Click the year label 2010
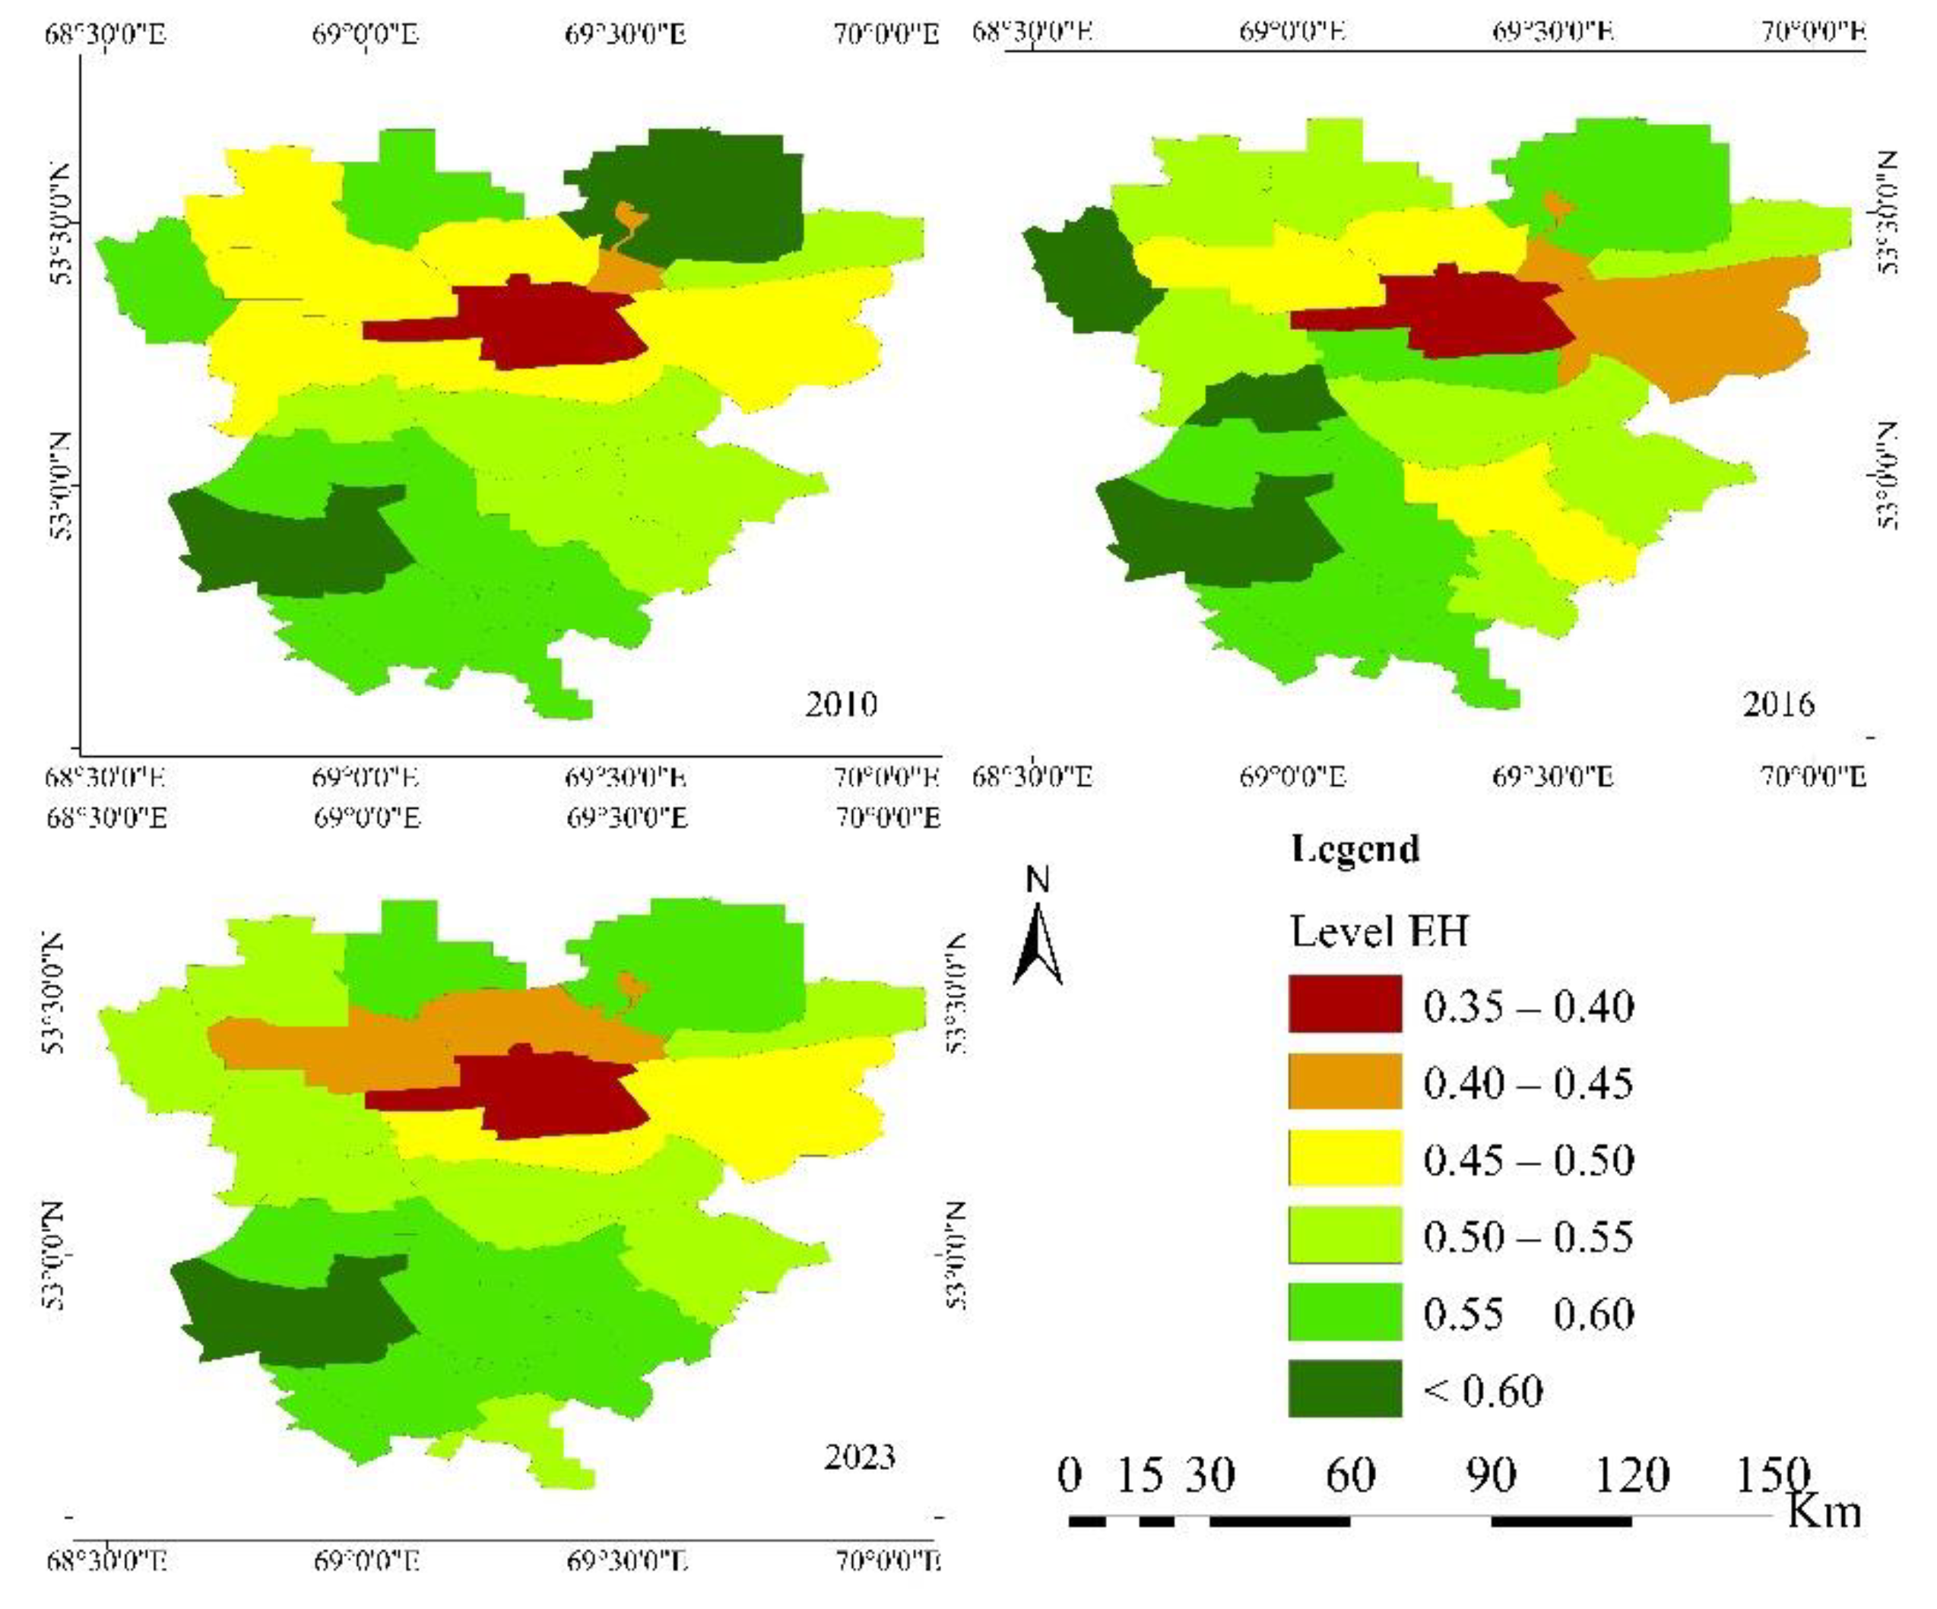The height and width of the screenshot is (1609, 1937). click(840, 705)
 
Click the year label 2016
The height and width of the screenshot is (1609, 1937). click(1777, 705)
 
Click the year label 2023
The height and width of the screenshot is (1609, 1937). click(859, 1457)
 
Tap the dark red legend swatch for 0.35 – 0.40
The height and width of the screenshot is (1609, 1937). click(1344, 1004)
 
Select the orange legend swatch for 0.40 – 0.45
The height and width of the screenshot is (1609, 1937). click(1344, 1081)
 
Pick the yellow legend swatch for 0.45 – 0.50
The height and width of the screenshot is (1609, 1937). click(1344, 1158)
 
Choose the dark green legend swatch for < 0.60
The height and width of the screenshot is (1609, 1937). click(1344, 1389)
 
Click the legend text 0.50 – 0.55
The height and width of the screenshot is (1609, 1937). click(1527, 1236)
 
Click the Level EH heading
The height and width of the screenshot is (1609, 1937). click(1378, 931)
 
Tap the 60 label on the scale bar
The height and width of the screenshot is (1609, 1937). click(1350, 1475)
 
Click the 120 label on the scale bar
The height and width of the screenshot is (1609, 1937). click(1631, 1475)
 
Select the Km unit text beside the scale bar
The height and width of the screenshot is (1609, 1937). click(1824, 1512)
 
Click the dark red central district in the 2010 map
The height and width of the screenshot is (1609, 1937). click(553, 323)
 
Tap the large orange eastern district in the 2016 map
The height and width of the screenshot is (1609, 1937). click(1698, 323)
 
